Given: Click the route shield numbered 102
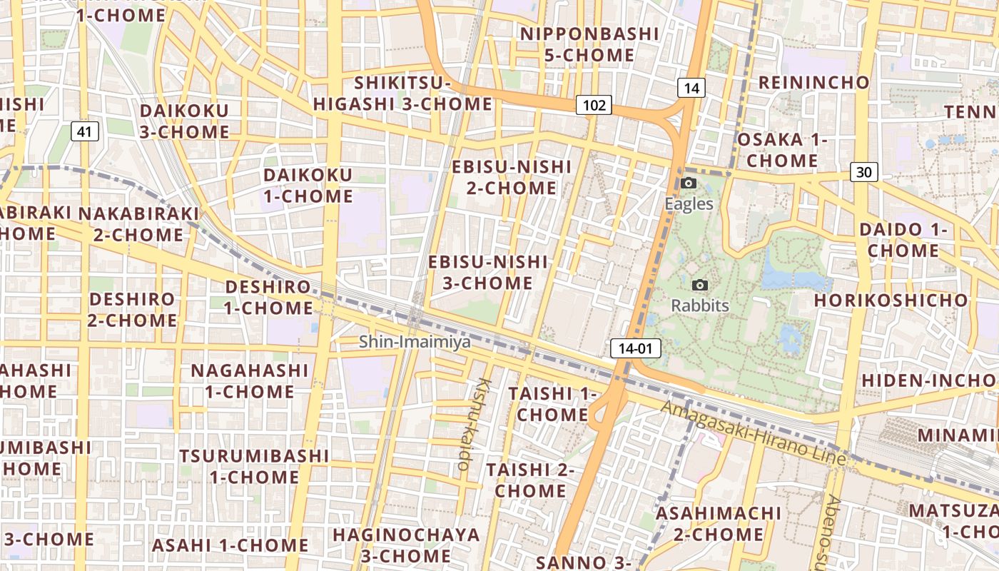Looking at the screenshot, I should click(x=594, y=106).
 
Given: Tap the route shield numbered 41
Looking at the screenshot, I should click(x=84, y=131).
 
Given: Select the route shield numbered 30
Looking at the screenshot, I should click(x=863, y=172).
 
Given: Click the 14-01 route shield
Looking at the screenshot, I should click(x=635, y=348).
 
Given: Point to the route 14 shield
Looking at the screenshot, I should click(x=691, y=88).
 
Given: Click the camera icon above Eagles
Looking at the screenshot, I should click(x=689, y=183).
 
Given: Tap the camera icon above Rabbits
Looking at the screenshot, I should click(x=700, y=285).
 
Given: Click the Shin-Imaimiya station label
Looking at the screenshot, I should click(x=415, y=342).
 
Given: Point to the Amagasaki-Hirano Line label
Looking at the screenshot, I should click(x=754, y=433).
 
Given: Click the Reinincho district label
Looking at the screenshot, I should click(x=814, y=82).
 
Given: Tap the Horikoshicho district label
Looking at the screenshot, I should click(x=891, y=300).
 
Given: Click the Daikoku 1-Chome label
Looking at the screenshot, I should click(x=308, y=186).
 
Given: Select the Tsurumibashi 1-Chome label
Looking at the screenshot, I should click(x=254, y=466).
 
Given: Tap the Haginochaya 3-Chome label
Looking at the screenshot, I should click(x=406, y=545).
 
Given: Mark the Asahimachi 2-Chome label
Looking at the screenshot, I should click(x=719, y=523).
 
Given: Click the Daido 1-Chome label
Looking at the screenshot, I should click(x=903, y=241).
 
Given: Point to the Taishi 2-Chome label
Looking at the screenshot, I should click(x=530, y=480).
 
